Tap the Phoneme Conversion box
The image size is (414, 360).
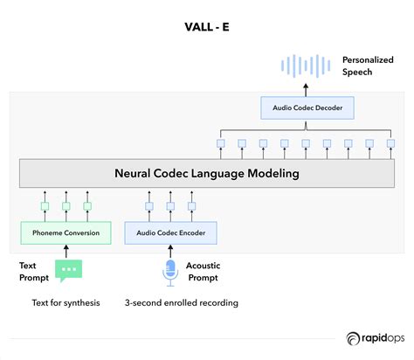[66, 232]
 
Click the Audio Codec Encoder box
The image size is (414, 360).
[170, 232]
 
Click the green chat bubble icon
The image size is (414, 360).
[67, 270]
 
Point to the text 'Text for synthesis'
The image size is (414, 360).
[66, 303]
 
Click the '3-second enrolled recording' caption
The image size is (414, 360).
[182, 303]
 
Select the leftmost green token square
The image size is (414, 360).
[44, 207]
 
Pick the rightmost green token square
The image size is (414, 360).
[87, 207]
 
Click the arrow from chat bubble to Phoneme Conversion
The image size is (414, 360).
[66, 252]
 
